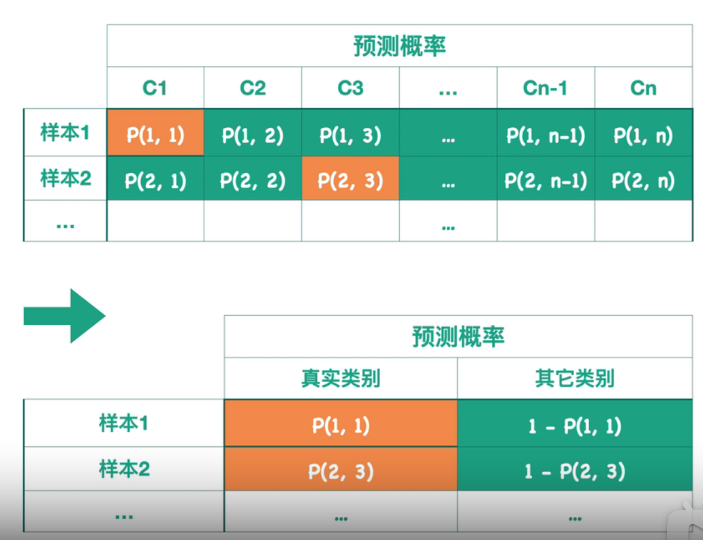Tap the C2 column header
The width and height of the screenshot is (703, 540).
(253, 88)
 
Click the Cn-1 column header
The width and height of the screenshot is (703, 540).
(545, 88)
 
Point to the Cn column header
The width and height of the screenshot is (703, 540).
(643, 88)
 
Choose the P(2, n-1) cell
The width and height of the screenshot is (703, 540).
(546, 181)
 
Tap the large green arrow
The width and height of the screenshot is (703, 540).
(64, 316)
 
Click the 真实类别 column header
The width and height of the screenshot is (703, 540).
(340, 379)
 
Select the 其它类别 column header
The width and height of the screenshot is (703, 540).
(575, 379)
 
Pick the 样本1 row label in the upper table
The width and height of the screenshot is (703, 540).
(65, 133)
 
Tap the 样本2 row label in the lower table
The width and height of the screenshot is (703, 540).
(124, 469)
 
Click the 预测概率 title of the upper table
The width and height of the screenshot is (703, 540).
(400, 47)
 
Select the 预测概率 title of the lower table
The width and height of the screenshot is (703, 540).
(458, 336)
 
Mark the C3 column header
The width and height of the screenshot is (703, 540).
(351, 88)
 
